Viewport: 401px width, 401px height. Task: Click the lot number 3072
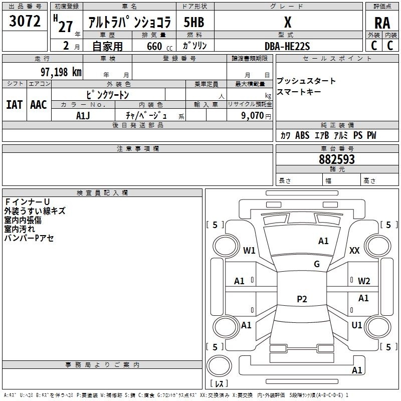25,21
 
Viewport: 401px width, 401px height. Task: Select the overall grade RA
382,23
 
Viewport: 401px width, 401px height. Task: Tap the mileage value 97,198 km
61,72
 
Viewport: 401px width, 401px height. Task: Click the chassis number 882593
337,159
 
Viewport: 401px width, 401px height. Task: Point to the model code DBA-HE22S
287,46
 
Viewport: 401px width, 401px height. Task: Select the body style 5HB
193,22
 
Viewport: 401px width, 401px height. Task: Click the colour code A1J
83,115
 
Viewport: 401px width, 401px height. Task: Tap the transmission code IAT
14,105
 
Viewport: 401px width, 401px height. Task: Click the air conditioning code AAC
39,105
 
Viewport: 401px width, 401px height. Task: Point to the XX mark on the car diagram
354,250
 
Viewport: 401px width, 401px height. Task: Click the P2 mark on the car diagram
302,299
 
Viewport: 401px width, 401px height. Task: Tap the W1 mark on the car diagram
249,250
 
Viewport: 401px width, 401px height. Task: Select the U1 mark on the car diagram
357,325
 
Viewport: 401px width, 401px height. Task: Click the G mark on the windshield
317,264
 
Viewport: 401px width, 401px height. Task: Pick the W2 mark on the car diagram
364,281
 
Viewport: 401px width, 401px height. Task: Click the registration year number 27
65,27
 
